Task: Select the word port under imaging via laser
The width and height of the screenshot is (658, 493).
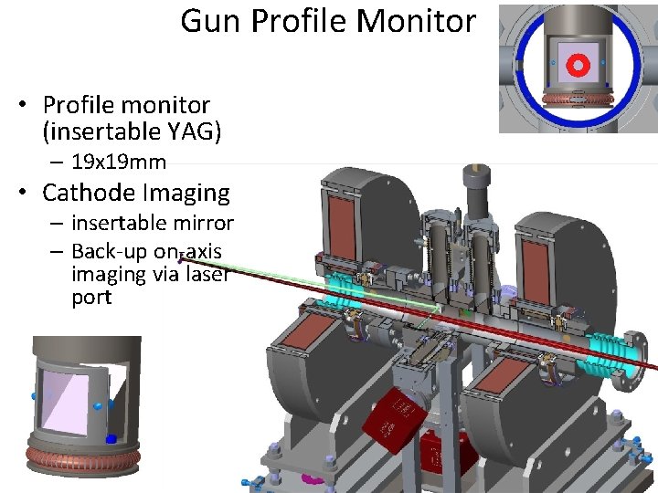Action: pyautogui.click(x=91, y=298)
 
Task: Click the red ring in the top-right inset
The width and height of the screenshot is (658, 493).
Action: pyautogui.click(x=577, y=64)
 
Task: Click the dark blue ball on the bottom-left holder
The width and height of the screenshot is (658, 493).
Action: pyautogui.click(x=111, y=439)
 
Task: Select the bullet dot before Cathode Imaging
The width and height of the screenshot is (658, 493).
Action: pyautogui.click(x=25, y=194)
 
